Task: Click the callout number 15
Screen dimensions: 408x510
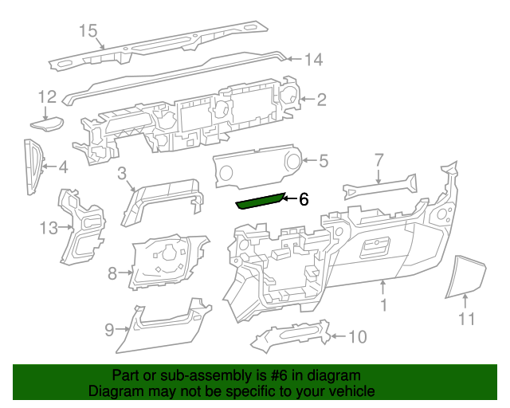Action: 88,31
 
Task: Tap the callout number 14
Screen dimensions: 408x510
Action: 313,59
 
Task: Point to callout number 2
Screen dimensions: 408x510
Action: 322,100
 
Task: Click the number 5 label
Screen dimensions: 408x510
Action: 323,162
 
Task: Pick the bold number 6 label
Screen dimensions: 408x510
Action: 304,199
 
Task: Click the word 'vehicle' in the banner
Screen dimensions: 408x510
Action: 351,391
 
